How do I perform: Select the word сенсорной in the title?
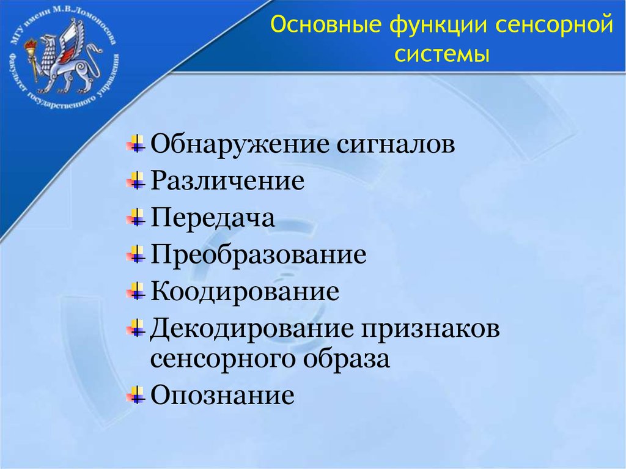point(554,25)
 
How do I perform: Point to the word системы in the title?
point(441,54)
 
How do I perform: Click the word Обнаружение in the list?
point(240,144)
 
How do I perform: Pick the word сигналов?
point(396,145)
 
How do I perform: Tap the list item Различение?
point(227,180)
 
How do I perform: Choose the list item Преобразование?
point(259,254)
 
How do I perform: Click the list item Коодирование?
point(245,291)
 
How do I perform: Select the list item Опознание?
point(223,396)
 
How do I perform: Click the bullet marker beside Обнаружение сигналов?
point(136,144)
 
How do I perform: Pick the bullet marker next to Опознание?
point(136,395)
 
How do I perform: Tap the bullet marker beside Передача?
point(136,218)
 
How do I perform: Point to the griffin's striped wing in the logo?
point(72,39)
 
